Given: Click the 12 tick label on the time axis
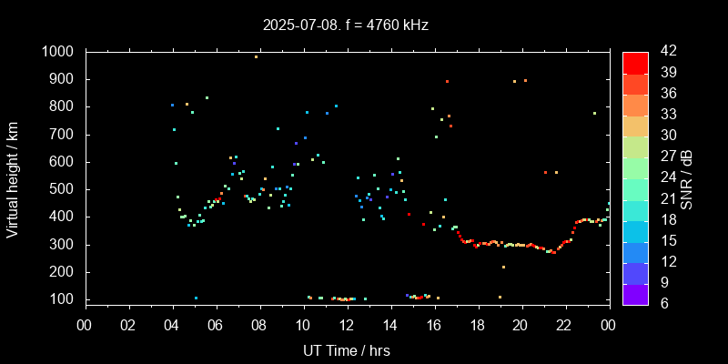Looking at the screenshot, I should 346,324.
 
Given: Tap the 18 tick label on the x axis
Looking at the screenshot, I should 477,324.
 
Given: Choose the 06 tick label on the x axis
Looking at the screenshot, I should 216,324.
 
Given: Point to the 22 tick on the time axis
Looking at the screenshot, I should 564,324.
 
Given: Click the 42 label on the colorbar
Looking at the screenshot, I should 662,52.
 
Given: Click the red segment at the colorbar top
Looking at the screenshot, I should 635,62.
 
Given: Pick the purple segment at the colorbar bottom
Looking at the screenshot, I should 635,293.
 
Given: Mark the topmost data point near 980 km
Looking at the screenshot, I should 256,56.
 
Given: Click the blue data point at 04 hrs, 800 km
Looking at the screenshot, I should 172,105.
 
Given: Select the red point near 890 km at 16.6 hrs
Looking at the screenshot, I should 447,82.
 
